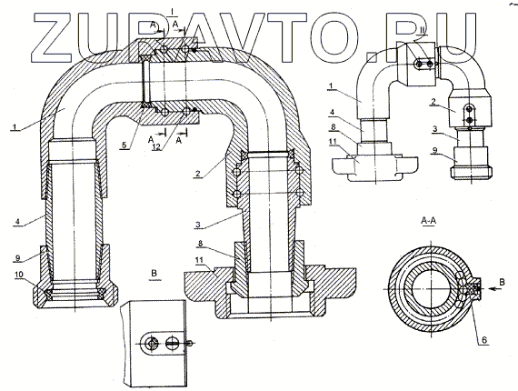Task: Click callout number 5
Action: pos(124,145)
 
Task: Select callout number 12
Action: pos(156,146)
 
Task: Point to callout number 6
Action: pos(484,339)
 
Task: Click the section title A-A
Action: pos(428,220)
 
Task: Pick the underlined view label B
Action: pos(154,274)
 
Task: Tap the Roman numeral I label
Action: pos(172,11)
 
